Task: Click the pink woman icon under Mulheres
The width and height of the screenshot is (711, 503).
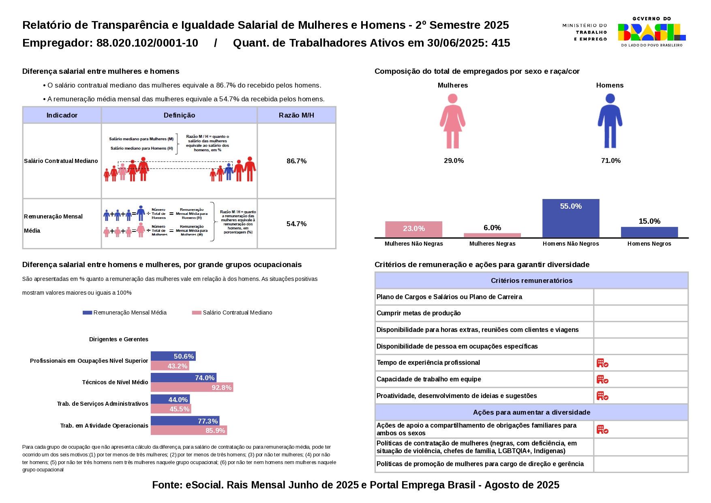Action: [x=452, y=121]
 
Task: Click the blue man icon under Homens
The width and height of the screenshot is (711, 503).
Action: [x=610, y=121]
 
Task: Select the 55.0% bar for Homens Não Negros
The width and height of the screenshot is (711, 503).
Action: [x=571, y=218]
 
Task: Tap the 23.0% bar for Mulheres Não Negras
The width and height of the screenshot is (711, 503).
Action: [x=413, y=229]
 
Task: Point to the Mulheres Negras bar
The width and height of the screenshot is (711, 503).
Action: [x=492, y=235]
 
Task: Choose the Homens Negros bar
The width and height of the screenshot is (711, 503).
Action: [x=649, y=232]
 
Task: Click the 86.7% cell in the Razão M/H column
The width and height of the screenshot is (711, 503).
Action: [x=296, y=161]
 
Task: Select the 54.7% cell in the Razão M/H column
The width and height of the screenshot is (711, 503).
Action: [x=296, y=224]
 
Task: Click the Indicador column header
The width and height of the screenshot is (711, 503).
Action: [x=62, y=115]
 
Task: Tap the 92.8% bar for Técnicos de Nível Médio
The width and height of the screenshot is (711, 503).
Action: [x=192, y=387]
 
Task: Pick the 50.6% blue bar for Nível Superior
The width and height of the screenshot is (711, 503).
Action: [x=173, y=356]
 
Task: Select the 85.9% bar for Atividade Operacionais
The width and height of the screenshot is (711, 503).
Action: [x=188, y=430]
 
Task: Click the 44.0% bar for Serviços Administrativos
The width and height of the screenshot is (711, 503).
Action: [x=170, y=400]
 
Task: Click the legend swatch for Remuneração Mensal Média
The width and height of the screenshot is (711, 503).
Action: [x=87, y=313]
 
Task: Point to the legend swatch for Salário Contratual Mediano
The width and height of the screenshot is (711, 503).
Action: [x=197, y=313]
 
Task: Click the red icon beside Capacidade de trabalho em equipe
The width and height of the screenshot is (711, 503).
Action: [x=602, y=379]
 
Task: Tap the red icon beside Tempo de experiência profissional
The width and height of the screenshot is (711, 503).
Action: [x=602, y=363]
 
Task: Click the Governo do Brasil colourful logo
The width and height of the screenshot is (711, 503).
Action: [x=651, y=32]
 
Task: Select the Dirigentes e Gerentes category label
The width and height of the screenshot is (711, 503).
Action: [x=118, y=339]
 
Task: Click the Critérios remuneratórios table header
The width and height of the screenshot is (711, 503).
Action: [x=531, y=280]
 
